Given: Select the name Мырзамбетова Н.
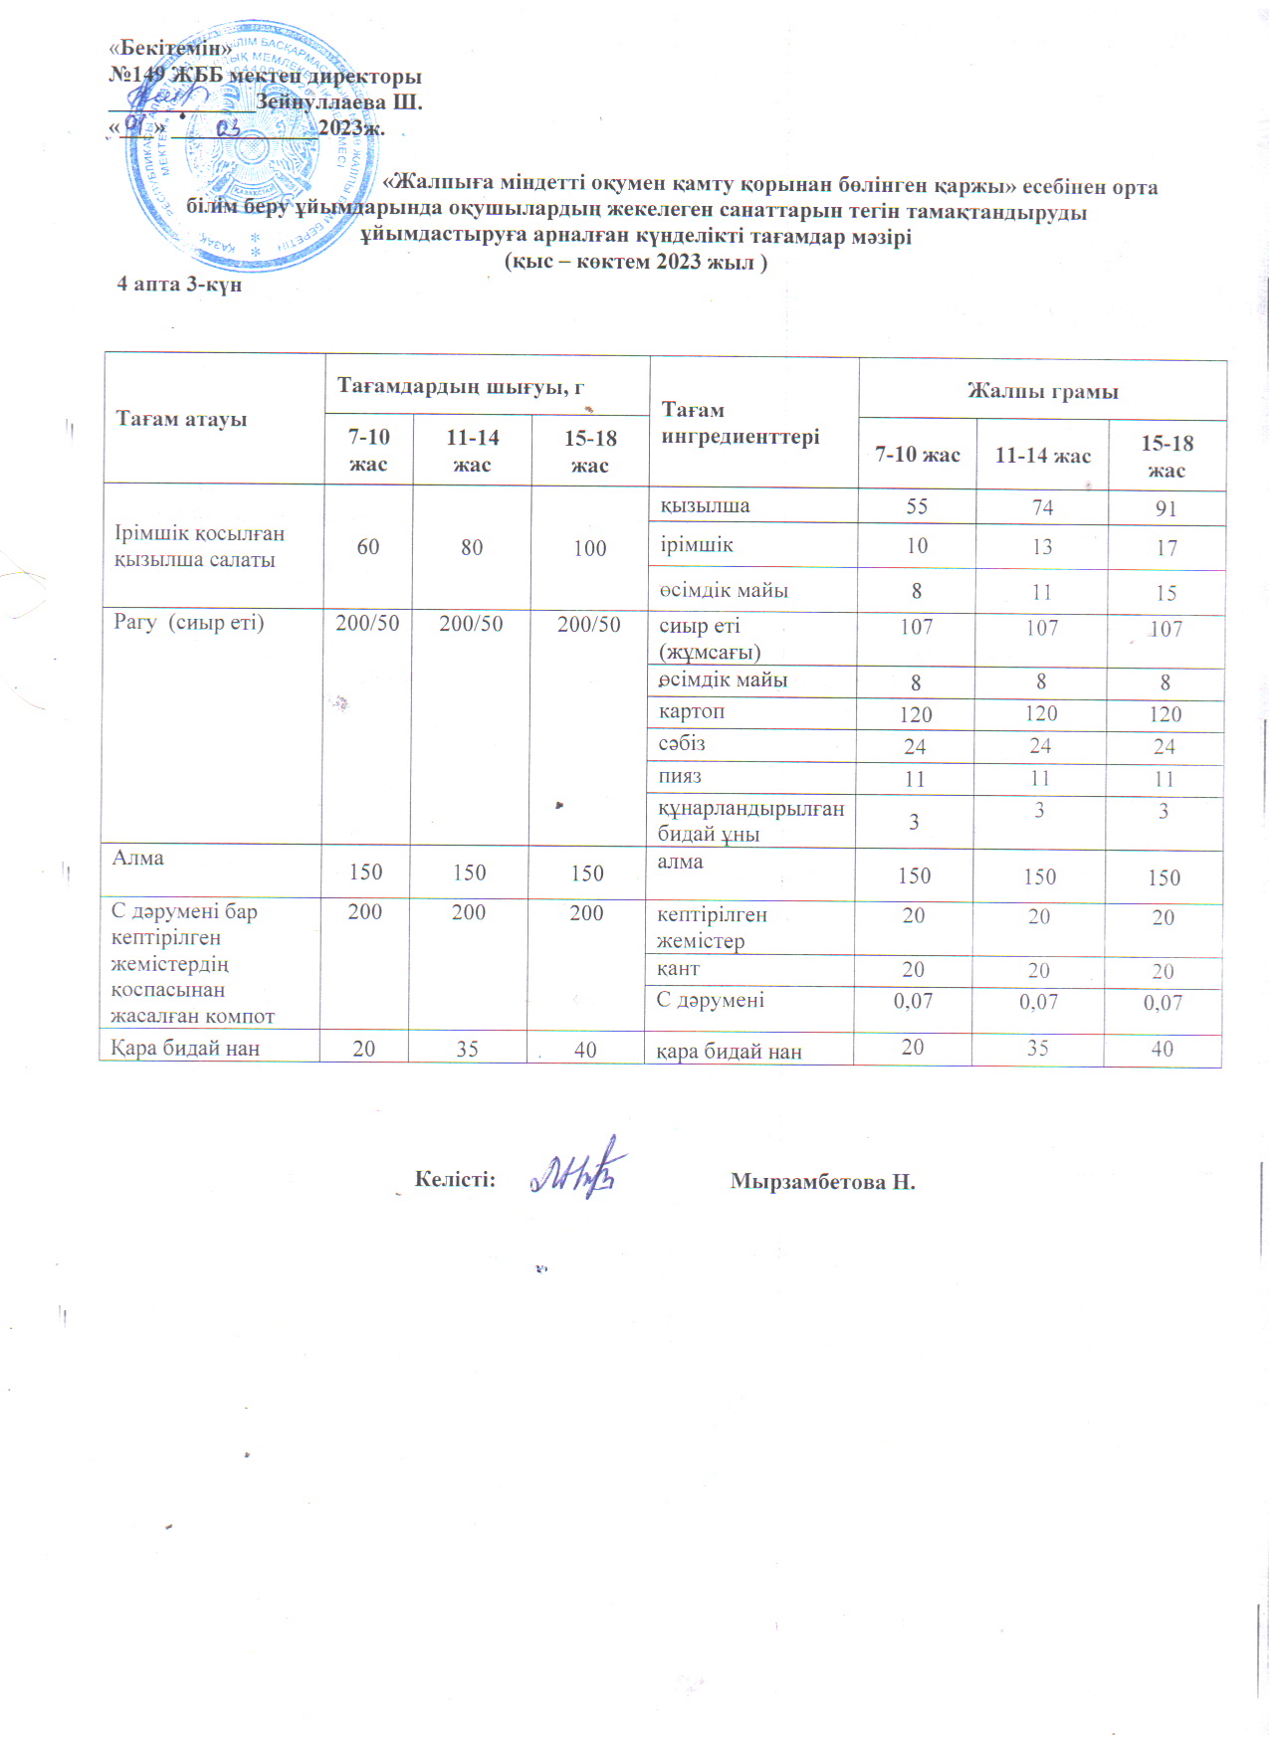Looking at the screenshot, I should click(822, 1182).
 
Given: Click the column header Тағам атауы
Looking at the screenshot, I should click(181, 419).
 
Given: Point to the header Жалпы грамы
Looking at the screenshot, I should click(1042, 391).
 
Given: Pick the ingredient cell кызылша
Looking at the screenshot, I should click(705, 505).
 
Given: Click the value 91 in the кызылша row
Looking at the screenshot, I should click(1165, 508).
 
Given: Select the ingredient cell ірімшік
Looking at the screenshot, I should click(697, 545).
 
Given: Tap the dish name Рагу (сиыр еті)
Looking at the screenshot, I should click(188, 623).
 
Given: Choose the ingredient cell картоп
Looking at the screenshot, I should click(691, 712).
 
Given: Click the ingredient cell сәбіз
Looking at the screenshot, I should click(681, 744).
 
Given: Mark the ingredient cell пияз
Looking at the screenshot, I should click(679, 777).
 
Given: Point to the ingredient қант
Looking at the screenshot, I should click(678, 969).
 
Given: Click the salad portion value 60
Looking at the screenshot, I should click(367, 546).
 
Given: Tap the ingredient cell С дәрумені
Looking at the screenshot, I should click(710, 1000).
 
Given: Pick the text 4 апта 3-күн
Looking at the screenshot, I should click(179, 285).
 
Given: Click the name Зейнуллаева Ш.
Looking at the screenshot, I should click(338, 101).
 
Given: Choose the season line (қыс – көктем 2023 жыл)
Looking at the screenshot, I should click(636, 262).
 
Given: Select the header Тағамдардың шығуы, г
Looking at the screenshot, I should click(460, 386).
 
